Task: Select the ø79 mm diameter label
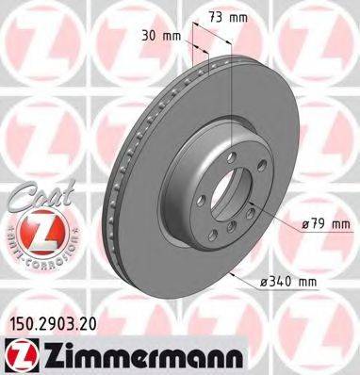click(322, 224)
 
